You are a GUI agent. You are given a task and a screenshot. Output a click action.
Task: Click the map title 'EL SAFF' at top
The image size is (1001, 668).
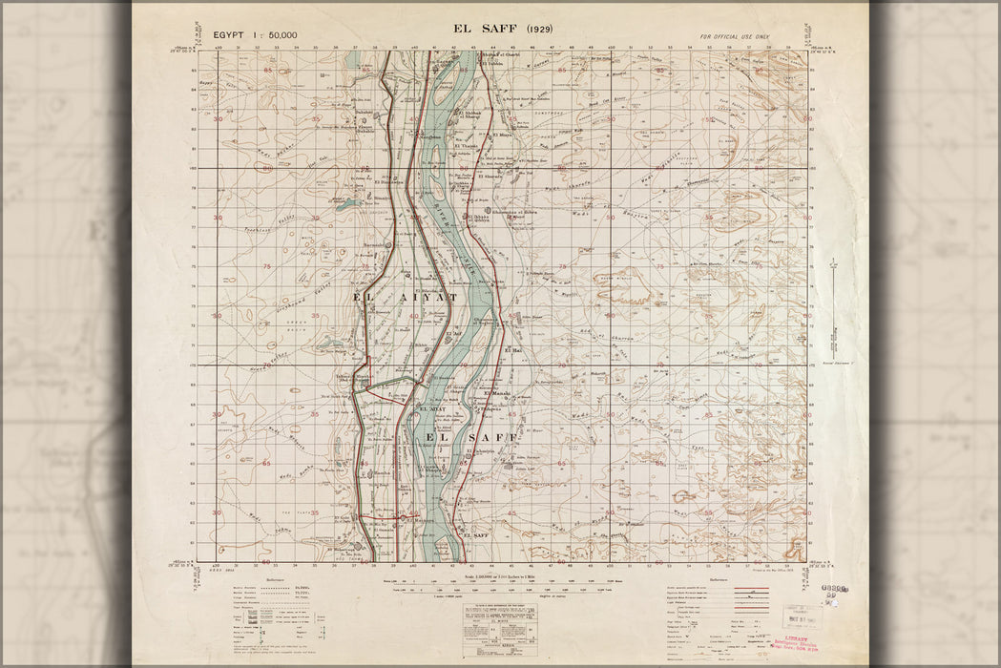pos(489,29)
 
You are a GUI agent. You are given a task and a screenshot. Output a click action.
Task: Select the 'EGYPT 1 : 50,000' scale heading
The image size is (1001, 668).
pos(256,35)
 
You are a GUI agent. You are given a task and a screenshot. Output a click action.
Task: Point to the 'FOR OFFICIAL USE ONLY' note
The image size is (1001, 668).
pos(734,36)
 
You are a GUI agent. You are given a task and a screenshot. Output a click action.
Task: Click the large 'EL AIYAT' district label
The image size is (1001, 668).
pos(406,299)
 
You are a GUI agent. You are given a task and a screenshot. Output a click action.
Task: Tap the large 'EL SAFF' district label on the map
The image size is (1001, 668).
pos(469,437)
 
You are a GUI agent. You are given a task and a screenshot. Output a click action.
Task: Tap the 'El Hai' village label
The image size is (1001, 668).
pos(511,351)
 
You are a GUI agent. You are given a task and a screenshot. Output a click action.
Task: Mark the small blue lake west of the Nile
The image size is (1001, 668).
pos(344,202)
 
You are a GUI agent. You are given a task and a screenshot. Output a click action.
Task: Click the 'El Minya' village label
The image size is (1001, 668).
pos(504,136)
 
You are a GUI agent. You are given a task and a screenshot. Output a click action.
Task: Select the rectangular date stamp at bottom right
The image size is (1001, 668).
pos(801,616)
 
